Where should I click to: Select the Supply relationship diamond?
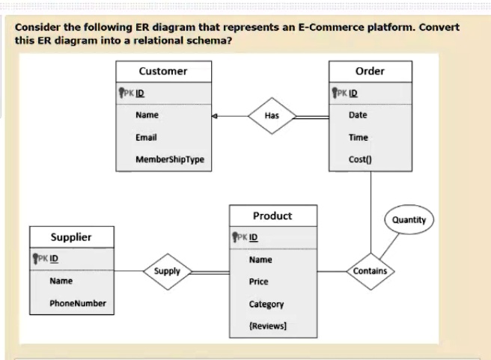(x=168, y=270)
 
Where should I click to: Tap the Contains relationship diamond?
(x=370, y=270)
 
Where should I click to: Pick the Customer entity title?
(x=163, y=71)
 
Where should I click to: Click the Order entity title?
(x=370, y=71)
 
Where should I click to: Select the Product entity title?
(x=272, y=216)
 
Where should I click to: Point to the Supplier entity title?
(x=71, y=237)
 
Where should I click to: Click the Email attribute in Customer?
(x=145, y=138)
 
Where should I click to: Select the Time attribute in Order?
(x=358, y=138)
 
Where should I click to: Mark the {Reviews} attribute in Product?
(x=268, y=326)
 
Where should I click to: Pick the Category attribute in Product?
(x=266, y=304)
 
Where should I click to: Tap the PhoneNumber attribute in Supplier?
(x=78, y=303)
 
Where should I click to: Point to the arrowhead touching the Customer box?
(x=215, y=117)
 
